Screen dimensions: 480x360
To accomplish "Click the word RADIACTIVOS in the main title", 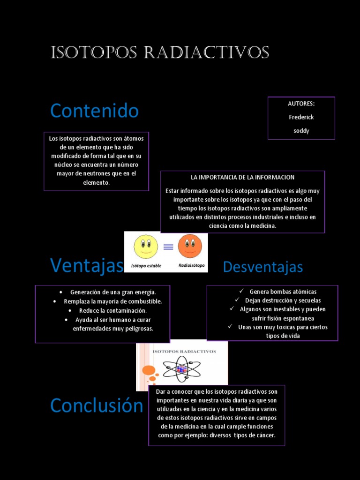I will (206, 53).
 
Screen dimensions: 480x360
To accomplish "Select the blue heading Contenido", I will (94, 111).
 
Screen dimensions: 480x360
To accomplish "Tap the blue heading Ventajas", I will (87, 265).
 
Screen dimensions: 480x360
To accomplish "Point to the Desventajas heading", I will (263, 267).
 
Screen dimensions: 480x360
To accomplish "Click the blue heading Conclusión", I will (97, 405).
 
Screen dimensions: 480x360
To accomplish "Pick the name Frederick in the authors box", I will (301, 117).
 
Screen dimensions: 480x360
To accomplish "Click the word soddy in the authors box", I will (301, 131).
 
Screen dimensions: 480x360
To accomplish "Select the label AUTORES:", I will (301, 104).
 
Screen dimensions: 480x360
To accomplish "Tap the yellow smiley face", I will (146, 247).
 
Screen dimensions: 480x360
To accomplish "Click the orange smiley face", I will (190, 246).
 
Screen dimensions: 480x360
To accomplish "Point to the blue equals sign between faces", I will (168, 247).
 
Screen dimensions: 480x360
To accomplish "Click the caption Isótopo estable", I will (146, 266).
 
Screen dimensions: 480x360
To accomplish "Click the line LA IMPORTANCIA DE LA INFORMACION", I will (242, 177).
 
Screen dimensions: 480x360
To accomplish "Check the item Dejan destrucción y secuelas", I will (283, 300).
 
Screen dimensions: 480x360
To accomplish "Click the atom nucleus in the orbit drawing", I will (182, 369).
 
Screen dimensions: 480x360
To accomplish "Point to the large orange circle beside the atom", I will (149, 370).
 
